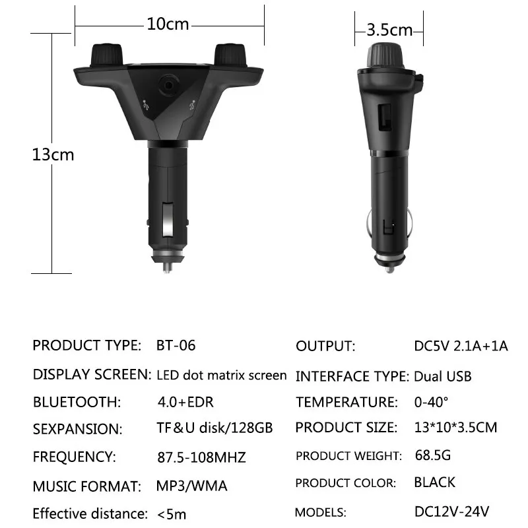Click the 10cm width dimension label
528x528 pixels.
(x=168, y=24)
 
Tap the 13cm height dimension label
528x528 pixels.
(x=53, y=154)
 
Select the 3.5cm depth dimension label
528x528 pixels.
(x=389, y=30)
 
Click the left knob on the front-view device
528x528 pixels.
(x=106, y=55)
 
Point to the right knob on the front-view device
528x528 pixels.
(x=230, y=55)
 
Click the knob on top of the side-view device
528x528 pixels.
(x=385, y=55)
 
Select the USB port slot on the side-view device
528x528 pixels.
(x=385, y=117)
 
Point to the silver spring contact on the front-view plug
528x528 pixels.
(x=168, y=219)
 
